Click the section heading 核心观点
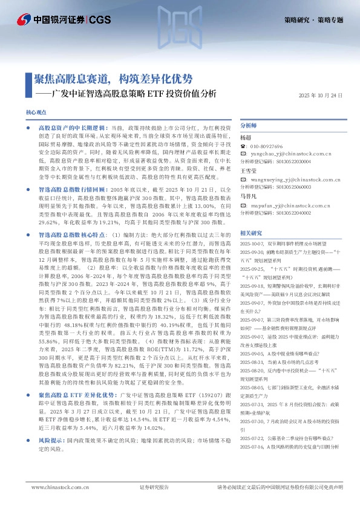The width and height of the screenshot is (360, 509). point(36,113)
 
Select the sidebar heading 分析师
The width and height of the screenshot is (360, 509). point(249,126)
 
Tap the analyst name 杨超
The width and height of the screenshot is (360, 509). point(245,138)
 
